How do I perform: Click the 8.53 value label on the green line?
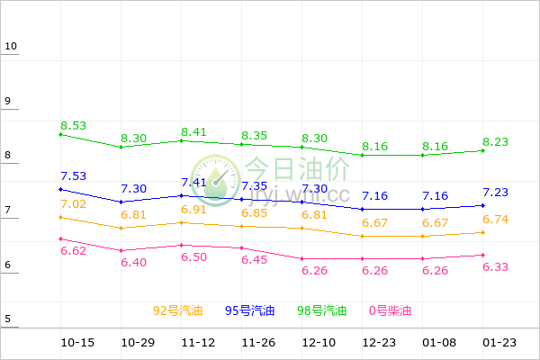coord(74,125)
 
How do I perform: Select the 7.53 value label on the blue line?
coord(74,175)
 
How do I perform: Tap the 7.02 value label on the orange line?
coord(74,204)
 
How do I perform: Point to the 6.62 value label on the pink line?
coord(74,250)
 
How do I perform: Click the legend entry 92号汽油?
coord(177,310)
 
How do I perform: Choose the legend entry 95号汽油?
coord(249,310)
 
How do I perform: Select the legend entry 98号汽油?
coord(322,310)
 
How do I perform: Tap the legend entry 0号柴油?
coord(390,310)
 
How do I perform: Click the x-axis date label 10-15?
coord(77,343)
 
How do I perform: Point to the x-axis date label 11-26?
coord(258,343)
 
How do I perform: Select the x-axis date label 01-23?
coord(499,343)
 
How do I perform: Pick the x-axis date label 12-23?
coord(379,343)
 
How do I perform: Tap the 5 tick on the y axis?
coord(8,319)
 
